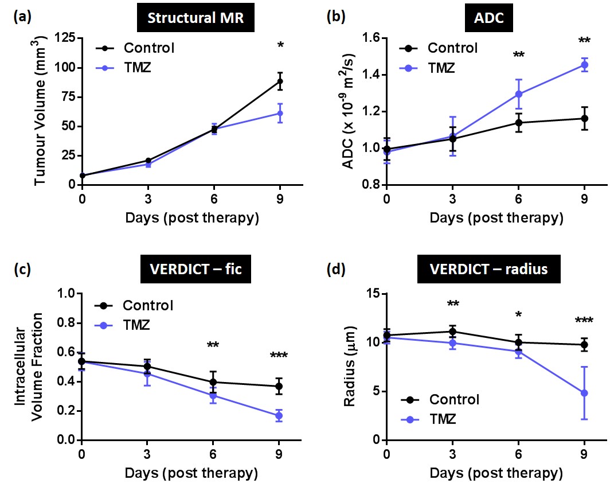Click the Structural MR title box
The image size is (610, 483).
195,17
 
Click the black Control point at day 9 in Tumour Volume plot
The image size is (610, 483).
280,81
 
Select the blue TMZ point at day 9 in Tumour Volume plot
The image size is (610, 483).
280,113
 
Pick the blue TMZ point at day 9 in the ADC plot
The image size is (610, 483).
584,65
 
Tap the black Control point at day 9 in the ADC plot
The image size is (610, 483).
584,119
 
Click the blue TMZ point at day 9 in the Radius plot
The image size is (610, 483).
584,393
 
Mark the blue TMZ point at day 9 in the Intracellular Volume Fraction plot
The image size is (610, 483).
279,416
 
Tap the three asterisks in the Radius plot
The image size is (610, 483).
584,321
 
